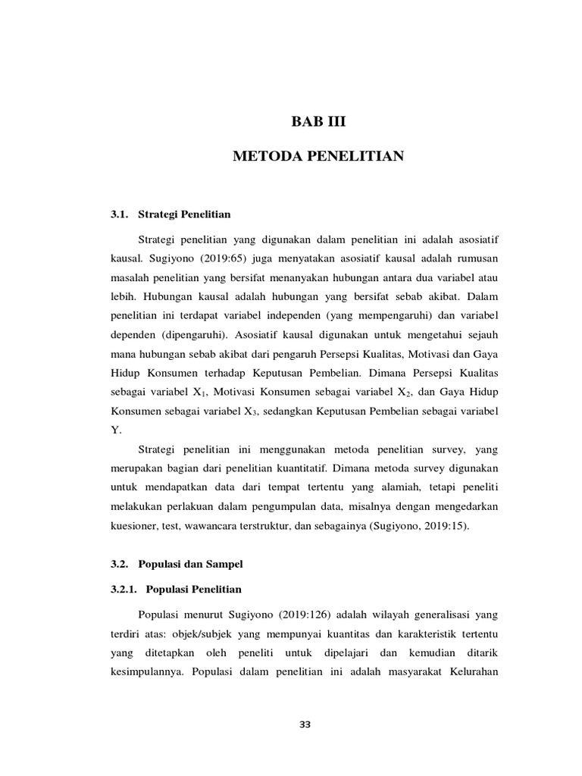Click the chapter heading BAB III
[x=318, y=120]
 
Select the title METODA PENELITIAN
[x=318, y=157]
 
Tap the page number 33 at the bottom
[x=305, y=724]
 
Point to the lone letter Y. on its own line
[x=116, y=430]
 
